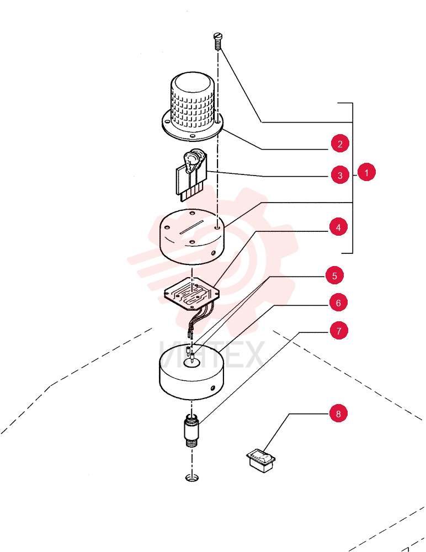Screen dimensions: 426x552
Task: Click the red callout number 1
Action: (x=366, y=172)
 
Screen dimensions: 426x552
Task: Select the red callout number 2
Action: (x=340, y=144)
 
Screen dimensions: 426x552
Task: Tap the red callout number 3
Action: (x=340, y=175)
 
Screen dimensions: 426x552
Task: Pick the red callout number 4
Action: (x=338, y=227)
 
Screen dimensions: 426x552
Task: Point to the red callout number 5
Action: (x=334, y=275)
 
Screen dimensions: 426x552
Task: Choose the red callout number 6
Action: (x=338, y=302)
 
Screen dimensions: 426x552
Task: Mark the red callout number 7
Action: (x=339, y=331)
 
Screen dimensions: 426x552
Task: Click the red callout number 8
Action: (x=338, y=413)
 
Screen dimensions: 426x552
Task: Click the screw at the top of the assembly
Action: (x=217, y=41)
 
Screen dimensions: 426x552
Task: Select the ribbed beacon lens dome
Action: (x=192, y=105)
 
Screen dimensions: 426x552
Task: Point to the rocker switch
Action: (x=261, y=459)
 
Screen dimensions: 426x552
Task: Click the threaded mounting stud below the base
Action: (x=191, y=430)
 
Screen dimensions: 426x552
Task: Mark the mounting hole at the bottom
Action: (x=192, y=477)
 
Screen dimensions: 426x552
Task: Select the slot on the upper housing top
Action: (x=192, y=227)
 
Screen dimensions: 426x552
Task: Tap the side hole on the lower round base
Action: (x=212, y=388)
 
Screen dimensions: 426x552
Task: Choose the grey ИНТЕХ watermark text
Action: (x=211, y=354)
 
